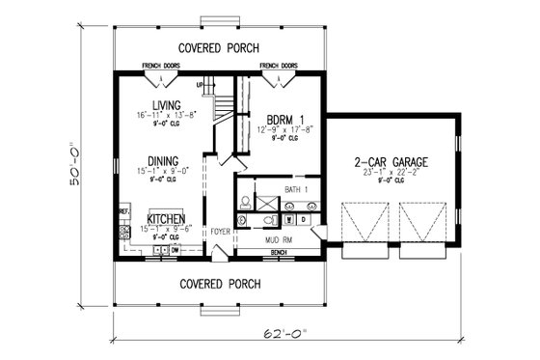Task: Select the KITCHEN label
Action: (165, 219)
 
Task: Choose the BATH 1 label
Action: (298, 191)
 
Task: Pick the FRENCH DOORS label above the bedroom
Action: (278, 68)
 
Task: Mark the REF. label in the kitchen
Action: (123, 209)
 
